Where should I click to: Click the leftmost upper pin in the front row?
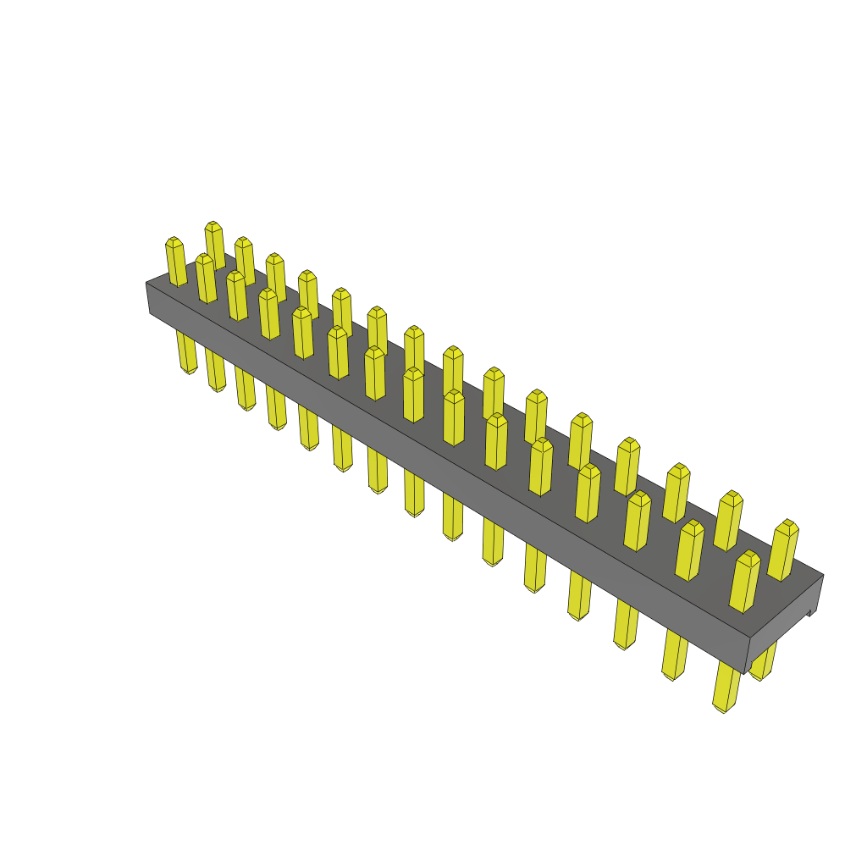pos(176,262)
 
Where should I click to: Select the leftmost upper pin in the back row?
pos(215,244)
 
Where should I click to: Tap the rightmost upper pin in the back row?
pos(784,550)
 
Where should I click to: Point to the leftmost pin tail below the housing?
pos(186,351)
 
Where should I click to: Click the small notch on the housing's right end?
pos(811,610)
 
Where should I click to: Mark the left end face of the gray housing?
pos(148,298)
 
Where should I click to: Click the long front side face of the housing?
pos(440,474)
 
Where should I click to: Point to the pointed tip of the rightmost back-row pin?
pos(789,522)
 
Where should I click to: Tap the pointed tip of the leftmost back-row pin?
pos(213,224)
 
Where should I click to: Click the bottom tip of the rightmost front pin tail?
pos(721,709)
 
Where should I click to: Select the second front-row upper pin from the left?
pos(207,279)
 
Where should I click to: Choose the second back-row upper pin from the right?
pos(728,520)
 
